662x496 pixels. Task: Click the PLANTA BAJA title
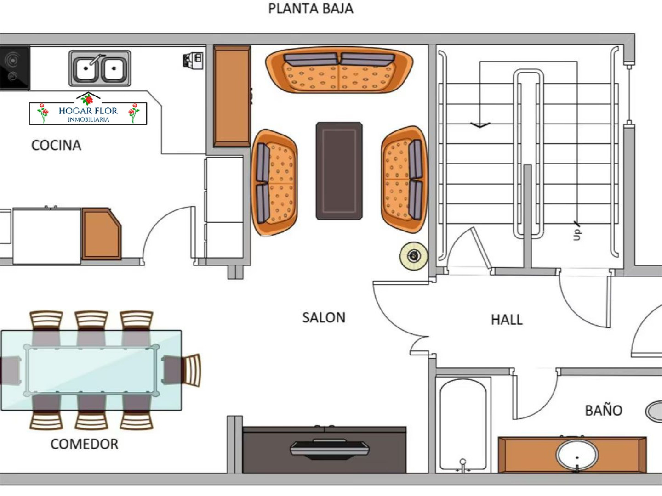coord(311,9)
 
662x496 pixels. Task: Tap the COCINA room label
coord(57,145)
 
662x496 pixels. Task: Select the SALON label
coord(324,318)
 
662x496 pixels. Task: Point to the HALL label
coord(507,320)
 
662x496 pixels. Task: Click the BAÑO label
coord(604,410)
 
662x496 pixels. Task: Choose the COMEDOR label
coord(85,444)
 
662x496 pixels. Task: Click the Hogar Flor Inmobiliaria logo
coord(88,109)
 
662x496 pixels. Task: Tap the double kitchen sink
coord(100,68)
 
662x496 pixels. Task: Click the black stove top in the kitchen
coord(15,68)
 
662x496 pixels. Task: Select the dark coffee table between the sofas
coord(339,171)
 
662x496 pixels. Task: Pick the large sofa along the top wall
coord(339,70)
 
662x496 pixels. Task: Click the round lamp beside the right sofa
coord(414,256)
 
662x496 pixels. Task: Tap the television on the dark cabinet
coord(329,449)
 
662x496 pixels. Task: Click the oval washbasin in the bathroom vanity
coord(577,455)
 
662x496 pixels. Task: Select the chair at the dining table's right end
coord(182,370)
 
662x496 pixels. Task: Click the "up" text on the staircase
coord(576,234)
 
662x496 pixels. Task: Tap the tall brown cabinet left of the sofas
coord(232,96)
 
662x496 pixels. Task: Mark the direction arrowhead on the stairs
coord(480,125)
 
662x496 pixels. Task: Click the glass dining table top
coord(91,371)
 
